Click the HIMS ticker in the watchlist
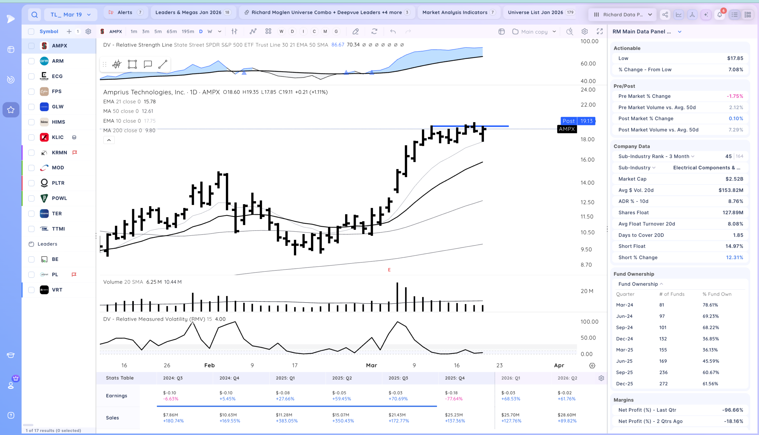[x=58, y=122]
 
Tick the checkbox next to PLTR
[x=31, y=183]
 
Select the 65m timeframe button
[x=172, y=31]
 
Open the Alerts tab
[x=125, y=12]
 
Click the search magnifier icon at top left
[x=35, y=14]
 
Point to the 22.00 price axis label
[x=588, y=105]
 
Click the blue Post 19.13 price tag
[x=578, y=121]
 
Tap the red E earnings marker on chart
[x=389, y=270]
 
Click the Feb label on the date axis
[x=209, y=365]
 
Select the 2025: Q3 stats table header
[x=398, y=378]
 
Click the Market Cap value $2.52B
[x=734, y=179]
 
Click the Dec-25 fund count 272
[x=663, y=384]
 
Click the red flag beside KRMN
[x=75, y=152]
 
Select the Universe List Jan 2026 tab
[x=535, y=12]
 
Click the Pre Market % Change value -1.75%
[x=735, y=96]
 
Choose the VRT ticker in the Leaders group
[x=57, y=290]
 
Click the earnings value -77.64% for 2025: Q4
[x=454, y=399]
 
